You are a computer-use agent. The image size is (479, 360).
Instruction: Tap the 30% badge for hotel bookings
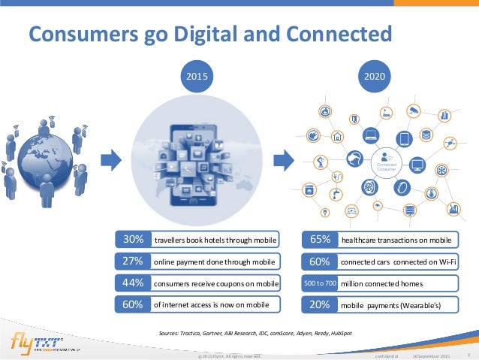[133, 241]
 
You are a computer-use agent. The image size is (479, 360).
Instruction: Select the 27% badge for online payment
[133, 262]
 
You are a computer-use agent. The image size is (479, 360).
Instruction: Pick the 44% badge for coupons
[133, 283]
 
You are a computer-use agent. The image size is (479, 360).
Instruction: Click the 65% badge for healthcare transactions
[320, 241]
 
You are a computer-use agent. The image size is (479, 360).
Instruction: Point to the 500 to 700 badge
[320, 284]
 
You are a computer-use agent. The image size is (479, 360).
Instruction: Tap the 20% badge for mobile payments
[320, 306]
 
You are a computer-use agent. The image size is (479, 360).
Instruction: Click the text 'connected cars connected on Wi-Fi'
[398, 262]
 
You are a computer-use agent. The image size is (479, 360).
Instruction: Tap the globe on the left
[46, 153]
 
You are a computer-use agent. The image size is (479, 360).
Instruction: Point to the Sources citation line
[255, 331]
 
